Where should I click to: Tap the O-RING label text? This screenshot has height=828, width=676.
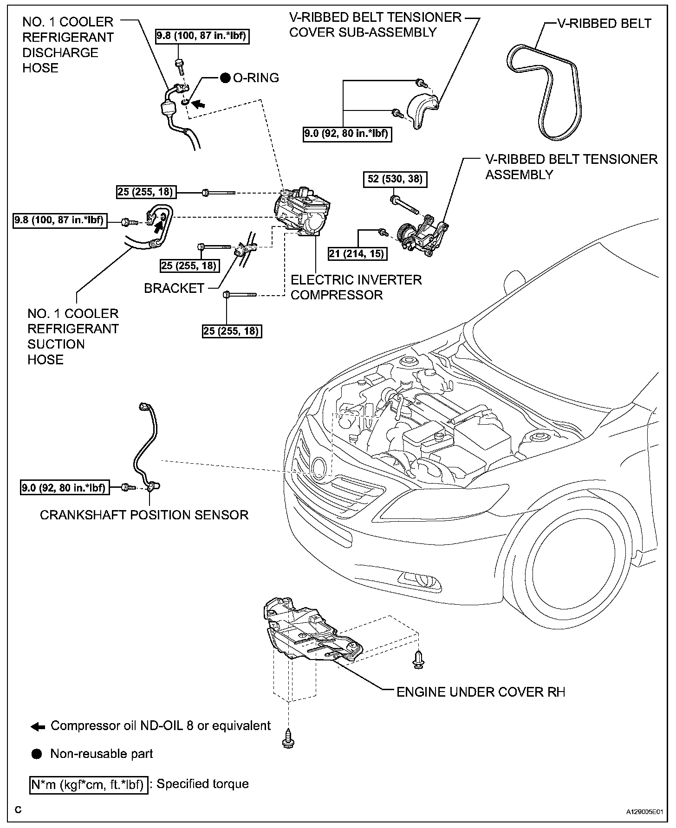pyautogui.click(x=256, y=78)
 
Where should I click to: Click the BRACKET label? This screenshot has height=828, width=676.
pyautogui.click(x=174, y=288)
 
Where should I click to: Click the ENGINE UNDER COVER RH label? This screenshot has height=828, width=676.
pyautogui.click(x=481, y=692)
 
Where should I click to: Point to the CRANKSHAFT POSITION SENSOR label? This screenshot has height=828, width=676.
pyautogui.click(x=144, y=515)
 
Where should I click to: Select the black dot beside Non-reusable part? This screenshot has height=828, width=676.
pyautogui.click(x=37, y=754)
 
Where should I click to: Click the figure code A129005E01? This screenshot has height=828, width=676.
pyautogui.click(x=644, y=812)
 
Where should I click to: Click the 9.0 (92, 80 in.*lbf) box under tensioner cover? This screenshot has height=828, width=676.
pyautogui.click(x=346, y=134)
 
